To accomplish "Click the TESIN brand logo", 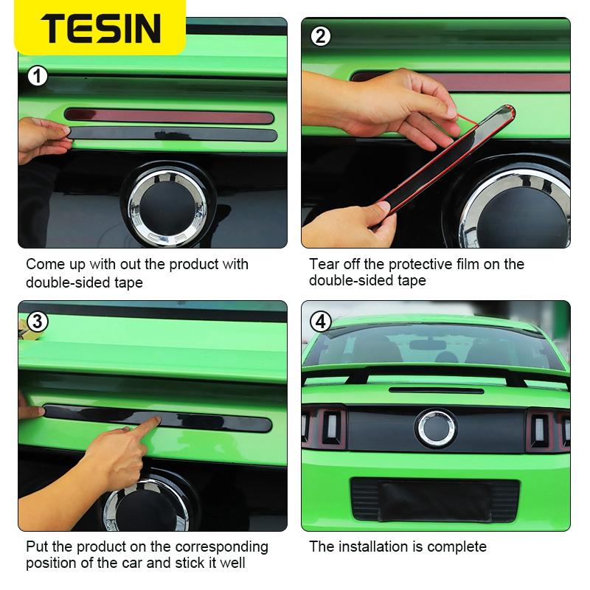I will (x=100, y=28).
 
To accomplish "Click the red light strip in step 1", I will (x=170, y=115).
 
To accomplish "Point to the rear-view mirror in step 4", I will (x=422, y=344).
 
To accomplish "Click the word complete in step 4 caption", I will (x=457, y=546).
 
